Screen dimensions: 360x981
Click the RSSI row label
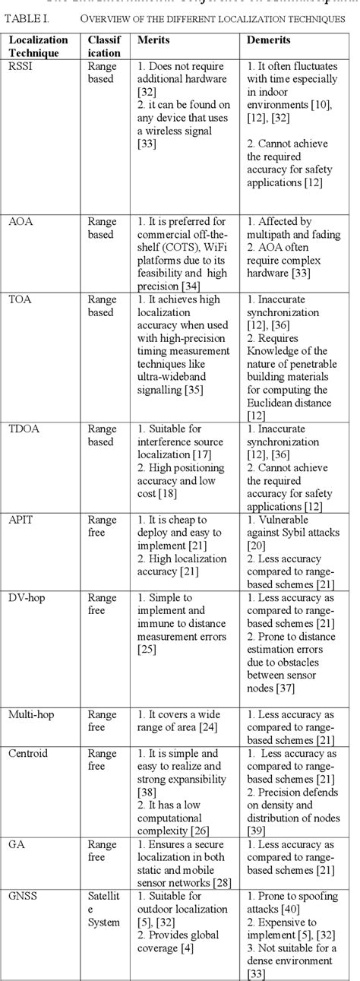tap(20, 66)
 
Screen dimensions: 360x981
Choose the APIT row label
tap(21, 520)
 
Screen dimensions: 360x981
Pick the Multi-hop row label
tap(29, 715)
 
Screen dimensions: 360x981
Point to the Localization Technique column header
tap(39, 46)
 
